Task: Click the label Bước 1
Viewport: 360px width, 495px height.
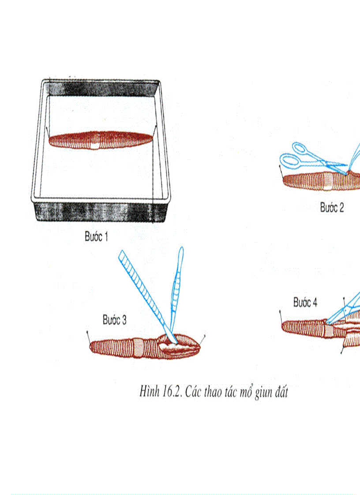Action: [x=96, y=237]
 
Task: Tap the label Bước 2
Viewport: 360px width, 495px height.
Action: [x=332, y=208]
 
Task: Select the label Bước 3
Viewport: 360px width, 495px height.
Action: [x=115, y=320]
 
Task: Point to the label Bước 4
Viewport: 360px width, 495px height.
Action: [x=305, y=302]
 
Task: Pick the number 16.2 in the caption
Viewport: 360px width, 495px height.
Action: [x=172, y=392]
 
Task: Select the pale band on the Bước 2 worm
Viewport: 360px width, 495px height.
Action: [x=328, y=182]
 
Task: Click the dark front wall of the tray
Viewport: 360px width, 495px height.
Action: [x=101, y=212]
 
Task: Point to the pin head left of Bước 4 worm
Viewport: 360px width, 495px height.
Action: [x=280, y=311]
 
